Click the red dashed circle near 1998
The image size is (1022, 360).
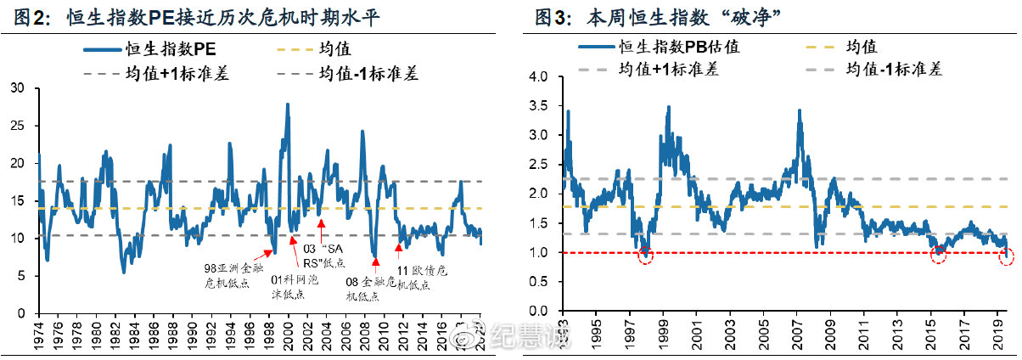tap(645, 254)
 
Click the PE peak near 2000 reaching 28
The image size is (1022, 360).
tap(288, 104)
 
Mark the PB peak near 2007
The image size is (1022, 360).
tap(800, 110)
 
